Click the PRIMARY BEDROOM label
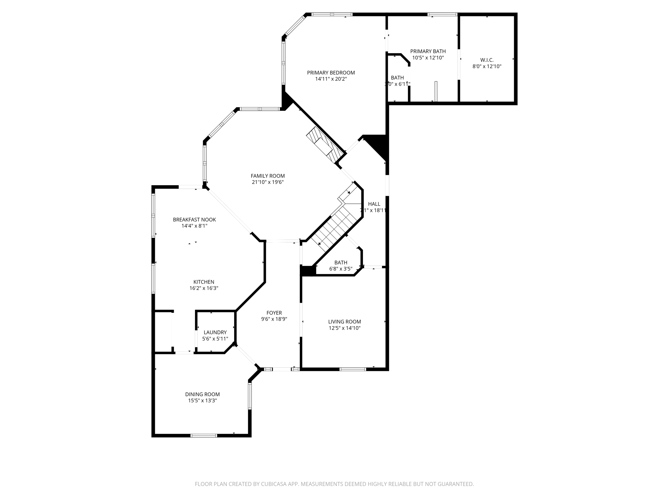[x=331, y=73]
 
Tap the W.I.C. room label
[x=487, y=60]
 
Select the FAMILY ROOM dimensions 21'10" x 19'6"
[x=268, y=182]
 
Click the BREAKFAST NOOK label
[x=194, y=220]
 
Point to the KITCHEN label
[x=204, y=282]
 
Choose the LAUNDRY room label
[x=215, y=332]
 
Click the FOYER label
[x=274, y=313]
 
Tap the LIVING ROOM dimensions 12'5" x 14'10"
[x=344, y=328]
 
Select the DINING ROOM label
[x=202, y=394]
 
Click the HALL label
[x=374, y=204]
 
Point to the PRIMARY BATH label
[x=428, y=51]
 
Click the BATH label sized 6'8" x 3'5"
[x=341, y=263]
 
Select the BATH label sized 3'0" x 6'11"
[x=397, y=78]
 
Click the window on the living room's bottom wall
[x=352, y=369]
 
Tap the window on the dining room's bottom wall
[x=204, y=435]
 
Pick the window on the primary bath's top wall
[x=442, y=14]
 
